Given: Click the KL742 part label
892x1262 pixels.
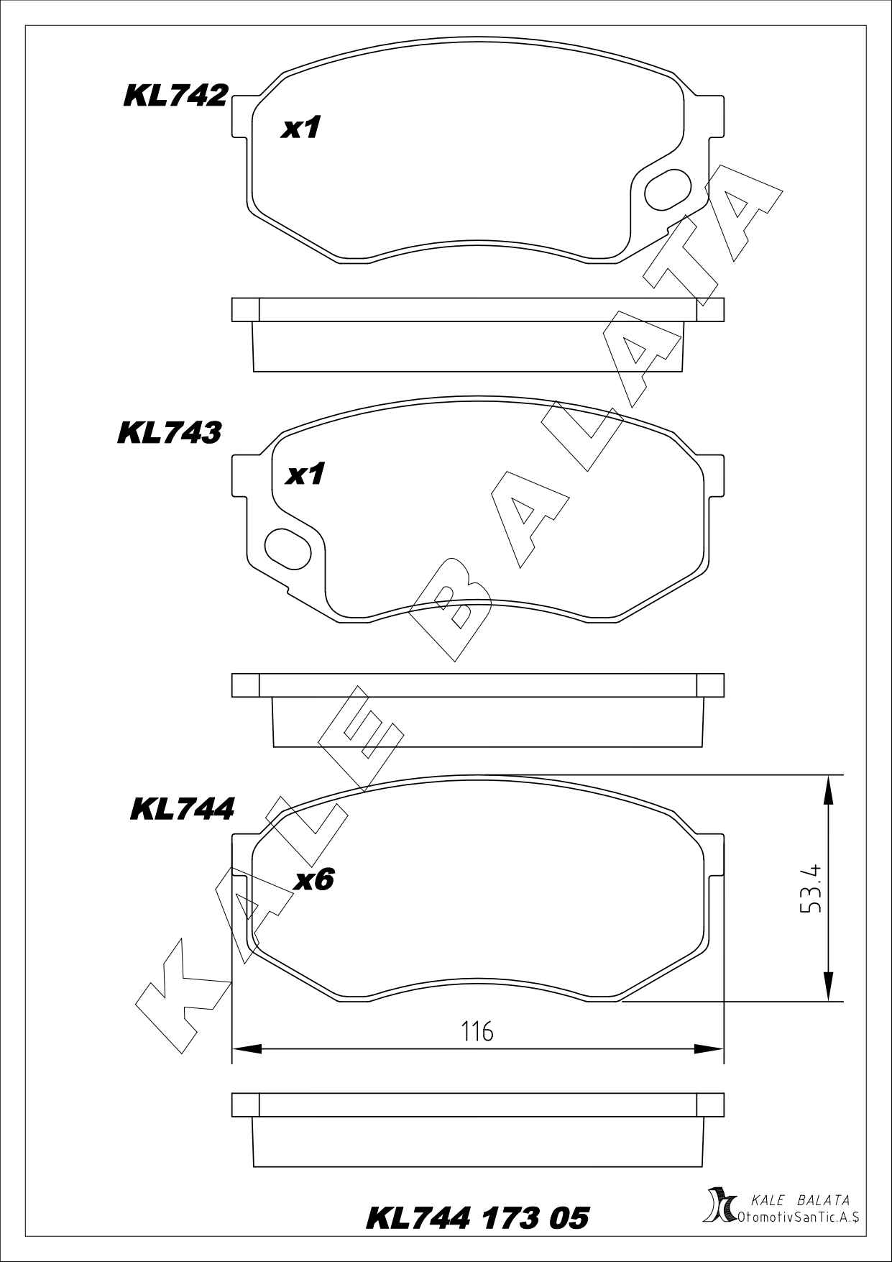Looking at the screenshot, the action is [x=176, y=96].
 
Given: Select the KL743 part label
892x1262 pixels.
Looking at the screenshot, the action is [x=170, y=432].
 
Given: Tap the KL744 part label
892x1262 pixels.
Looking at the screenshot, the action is [x=183, y=809].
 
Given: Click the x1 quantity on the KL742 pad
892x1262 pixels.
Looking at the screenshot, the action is [x=300, y=128].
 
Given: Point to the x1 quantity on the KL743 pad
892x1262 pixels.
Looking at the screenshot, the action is [x=305, y=474].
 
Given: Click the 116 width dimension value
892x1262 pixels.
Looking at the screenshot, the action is [x=478, y=1032].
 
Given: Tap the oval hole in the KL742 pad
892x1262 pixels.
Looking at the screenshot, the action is [x=668, y=188].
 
